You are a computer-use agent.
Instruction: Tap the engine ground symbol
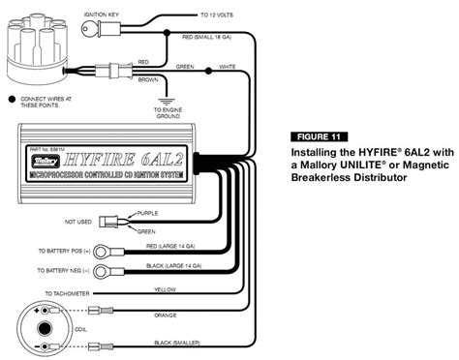(x=166, y=100)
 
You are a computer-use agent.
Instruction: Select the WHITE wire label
(x=226, y=66)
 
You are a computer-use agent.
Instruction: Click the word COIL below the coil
(x=45, y=354)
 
